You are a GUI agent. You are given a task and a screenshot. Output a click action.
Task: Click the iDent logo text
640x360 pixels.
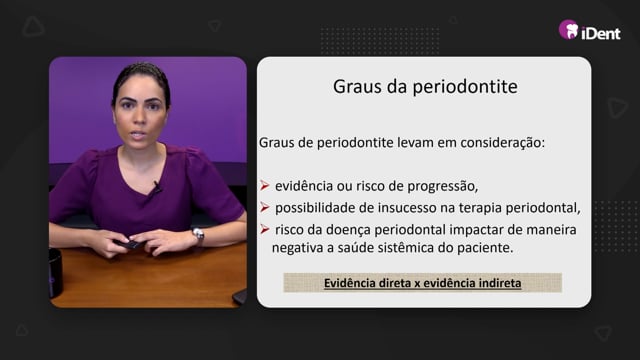coord(601,33)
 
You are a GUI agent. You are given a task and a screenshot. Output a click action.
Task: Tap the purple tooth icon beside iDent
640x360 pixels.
coord(569,30)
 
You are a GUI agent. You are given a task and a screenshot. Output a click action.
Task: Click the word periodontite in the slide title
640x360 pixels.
coord(465,87)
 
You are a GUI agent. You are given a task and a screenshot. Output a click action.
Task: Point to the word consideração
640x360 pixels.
coord(502,143)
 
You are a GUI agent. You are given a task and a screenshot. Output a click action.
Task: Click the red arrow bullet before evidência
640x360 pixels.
coord(264,186)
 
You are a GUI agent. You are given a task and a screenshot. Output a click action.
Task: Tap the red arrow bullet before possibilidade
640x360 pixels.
coord(264,207)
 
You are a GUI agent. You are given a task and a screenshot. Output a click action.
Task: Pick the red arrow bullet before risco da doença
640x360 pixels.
coord(264,229)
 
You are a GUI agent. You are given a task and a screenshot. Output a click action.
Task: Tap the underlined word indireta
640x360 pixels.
coord(500,283)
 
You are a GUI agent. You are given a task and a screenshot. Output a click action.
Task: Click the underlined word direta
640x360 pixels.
coord(396,283)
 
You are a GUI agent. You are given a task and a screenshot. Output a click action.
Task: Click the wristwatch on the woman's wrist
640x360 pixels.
coord(198,236)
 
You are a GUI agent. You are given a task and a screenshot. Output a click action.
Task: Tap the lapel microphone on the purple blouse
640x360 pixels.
coord(157,187)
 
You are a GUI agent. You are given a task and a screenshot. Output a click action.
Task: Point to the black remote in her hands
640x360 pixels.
coord(128,244)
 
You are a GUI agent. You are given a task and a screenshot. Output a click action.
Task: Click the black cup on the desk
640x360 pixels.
coord(55,273)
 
